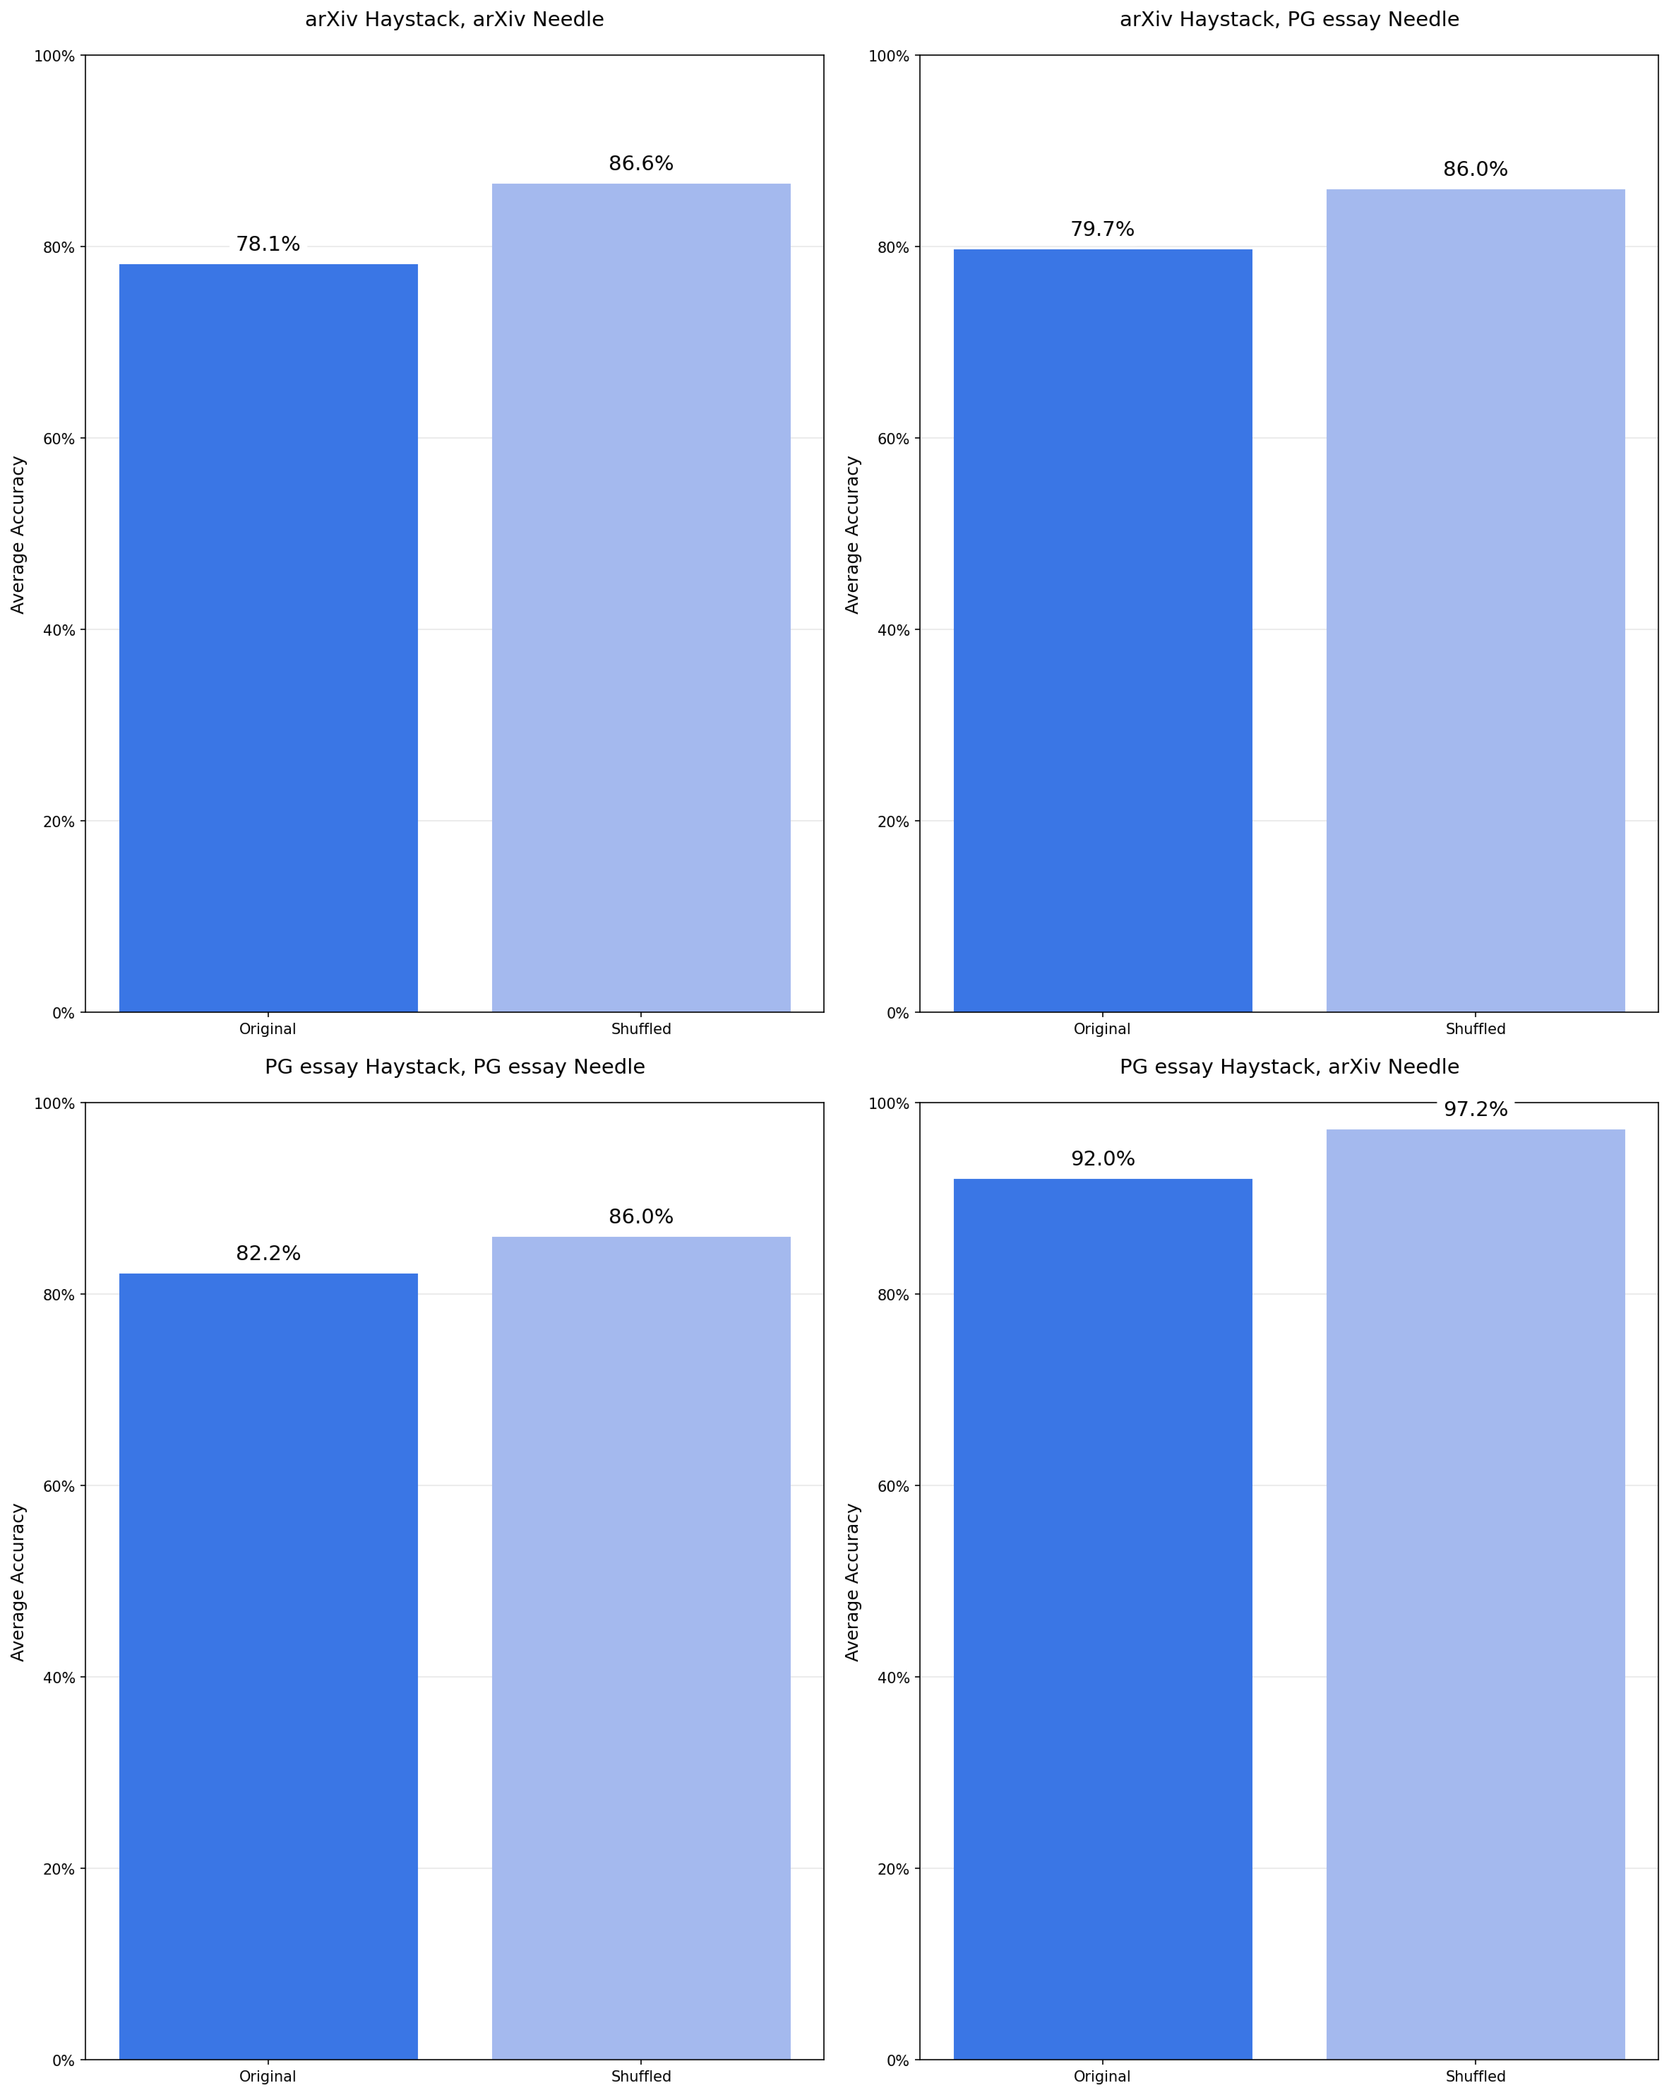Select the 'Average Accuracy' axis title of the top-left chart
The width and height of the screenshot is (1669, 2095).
point(18,534)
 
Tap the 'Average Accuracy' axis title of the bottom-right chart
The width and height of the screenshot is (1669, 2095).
point(853,1582)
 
